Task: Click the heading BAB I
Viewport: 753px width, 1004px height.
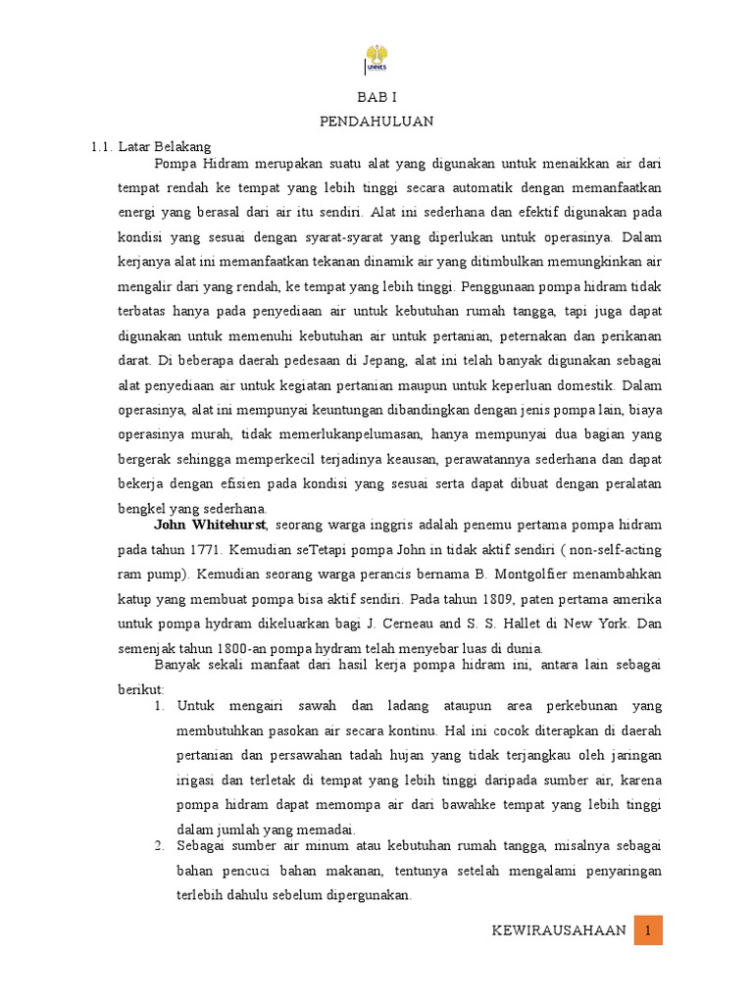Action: (376, 98)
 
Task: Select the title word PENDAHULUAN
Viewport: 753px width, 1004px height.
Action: (376, 122)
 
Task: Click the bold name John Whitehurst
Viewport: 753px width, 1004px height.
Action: (210, 526)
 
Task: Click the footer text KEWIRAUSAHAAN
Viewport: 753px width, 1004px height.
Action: (559, 930)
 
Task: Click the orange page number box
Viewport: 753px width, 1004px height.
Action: (649, 930)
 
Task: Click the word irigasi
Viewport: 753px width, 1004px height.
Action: (197, 780)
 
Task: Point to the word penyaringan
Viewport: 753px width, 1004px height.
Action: (616, 871)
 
